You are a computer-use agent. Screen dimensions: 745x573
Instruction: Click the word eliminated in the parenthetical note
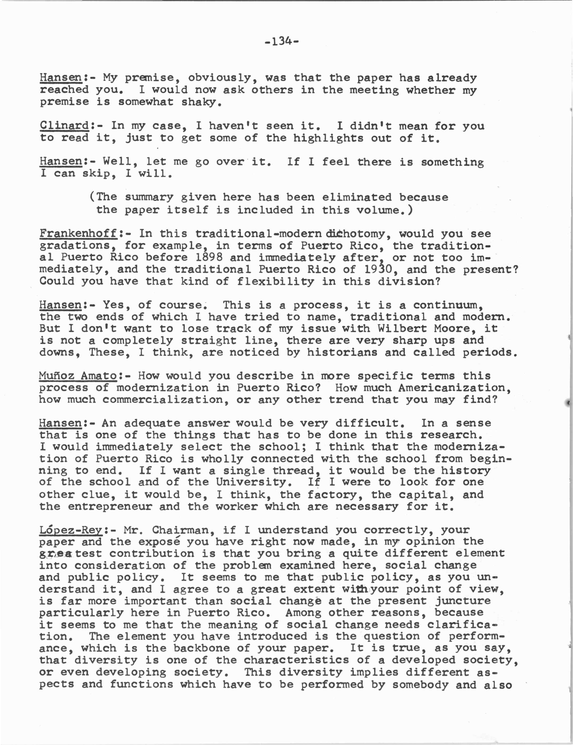point(357,197)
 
